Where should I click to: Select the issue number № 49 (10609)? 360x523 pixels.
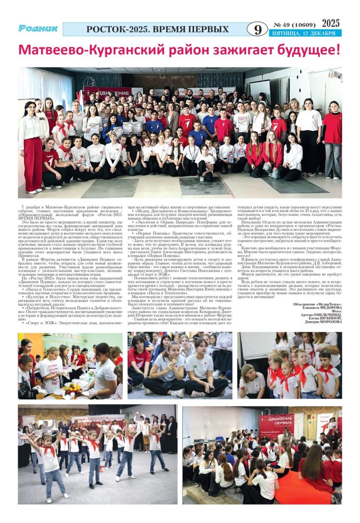coord(293,25)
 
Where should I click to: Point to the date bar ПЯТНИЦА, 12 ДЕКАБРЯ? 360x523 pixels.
coord(303,34)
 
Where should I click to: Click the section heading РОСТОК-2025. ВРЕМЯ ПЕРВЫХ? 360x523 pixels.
coord(157,29)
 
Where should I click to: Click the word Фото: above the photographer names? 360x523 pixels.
coord(334,311)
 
